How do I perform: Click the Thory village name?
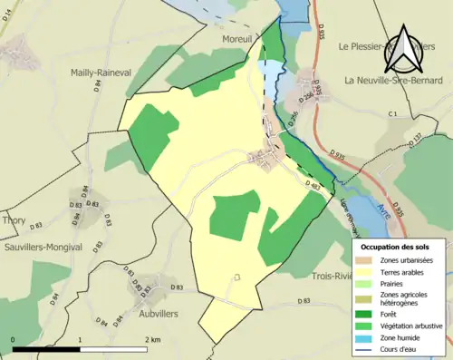coord(14,219)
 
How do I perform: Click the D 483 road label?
coord(314,185)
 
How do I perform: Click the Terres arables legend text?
coord(407,271)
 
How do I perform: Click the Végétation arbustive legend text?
coord(416,326)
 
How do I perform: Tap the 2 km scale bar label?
coord(152,339)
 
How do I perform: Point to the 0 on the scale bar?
coord(14,339)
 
